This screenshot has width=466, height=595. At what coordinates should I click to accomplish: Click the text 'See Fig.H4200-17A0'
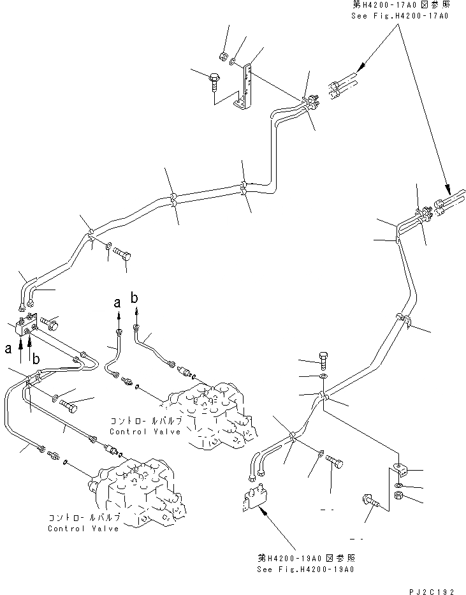click(x=400, y=15)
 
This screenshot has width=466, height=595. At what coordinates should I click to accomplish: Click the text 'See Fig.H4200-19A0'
click(x=305, y=569)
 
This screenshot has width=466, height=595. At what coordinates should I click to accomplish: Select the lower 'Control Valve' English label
click(x=83, y=528)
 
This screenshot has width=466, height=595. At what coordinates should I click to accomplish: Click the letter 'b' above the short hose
click(x=135, y=297)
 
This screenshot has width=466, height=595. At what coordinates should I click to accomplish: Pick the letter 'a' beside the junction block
click(x=8, y=349)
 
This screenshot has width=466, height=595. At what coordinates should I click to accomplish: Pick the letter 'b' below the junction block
click(x=36, y=360)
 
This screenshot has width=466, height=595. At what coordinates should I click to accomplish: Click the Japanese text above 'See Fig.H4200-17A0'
click(x=400, y=5)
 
